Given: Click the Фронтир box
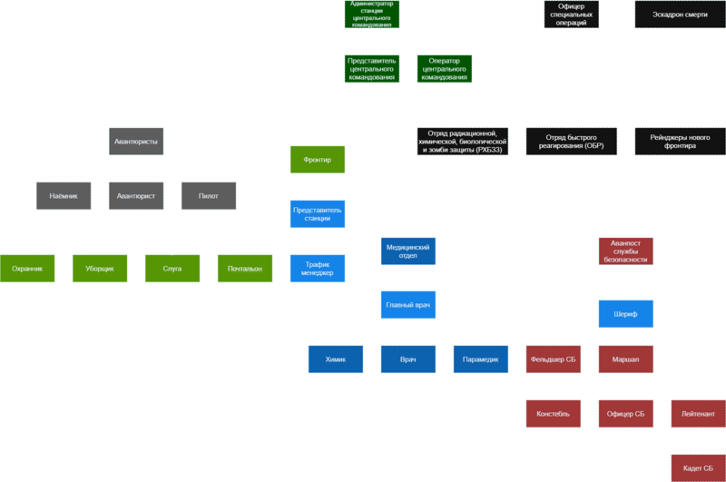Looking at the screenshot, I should click(317, 161).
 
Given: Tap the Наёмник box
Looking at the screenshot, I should click(64, 196).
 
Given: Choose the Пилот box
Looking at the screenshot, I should click(209, 196).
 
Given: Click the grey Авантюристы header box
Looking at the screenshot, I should click(136, 143).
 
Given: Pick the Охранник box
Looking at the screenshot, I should click(27, 269).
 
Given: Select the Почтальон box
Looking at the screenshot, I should click(244, 269).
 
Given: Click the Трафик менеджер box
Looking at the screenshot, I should click(317, 268).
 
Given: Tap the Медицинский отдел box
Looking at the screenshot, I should click(407, 251).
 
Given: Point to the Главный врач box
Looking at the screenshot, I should click(407, 305).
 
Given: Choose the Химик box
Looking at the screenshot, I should click(335, 359).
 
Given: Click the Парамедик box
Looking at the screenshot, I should click(480, 359).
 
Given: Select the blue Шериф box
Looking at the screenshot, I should click(625, 314).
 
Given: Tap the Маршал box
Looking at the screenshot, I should click(625, 359).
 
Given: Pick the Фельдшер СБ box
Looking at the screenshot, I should click(553, 359).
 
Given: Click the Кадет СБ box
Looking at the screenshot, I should click(698, 468).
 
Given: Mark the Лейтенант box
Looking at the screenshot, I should click(698, 414).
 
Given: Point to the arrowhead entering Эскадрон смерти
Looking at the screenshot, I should click(630, 15).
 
